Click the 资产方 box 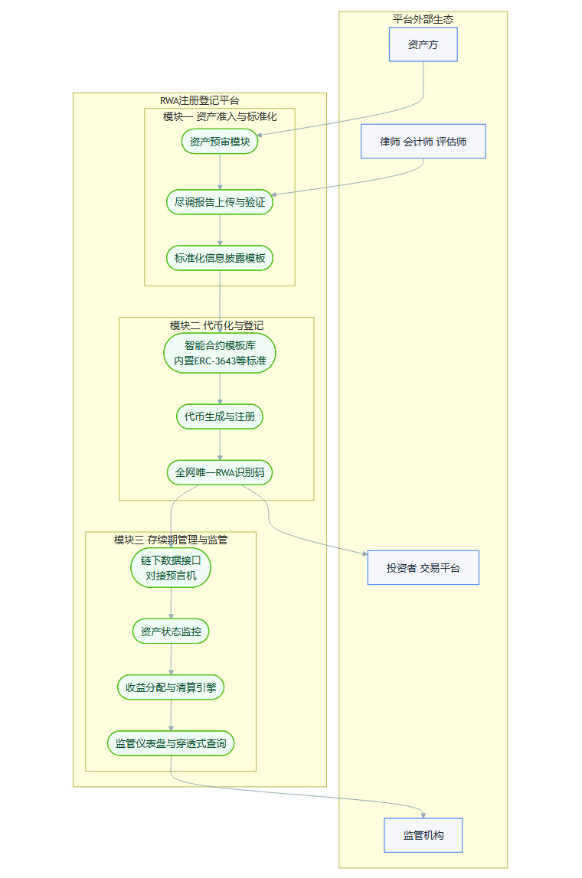(423, 44)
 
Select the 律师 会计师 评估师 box (423, 142)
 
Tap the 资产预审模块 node (220, 142)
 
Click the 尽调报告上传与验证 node (220, 202)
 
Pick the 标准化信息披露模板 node (220, 258)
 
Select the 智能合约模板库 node (220, 353)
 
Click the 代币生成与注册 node (220, 417)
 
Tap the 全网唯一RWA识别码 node (220, 472)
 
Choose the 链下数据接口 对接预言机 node (171, 568)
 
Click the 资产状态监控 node (171, 632)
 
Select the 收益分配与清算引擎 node (171, 687)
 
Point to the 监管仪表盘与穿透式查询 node (171, 743)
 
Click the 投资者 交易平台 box (423, 568)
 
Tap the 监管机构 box (423, 835)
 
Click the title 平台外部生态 (423, 18)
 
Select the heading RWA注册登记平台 (199, 100)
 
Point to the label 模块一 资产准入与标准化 (220, 116)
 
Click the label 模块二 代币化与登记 (217, 325)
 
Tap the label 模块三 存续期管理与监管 (171, 540)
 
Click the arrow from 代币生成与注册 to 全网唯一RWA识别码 (220, 445)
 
